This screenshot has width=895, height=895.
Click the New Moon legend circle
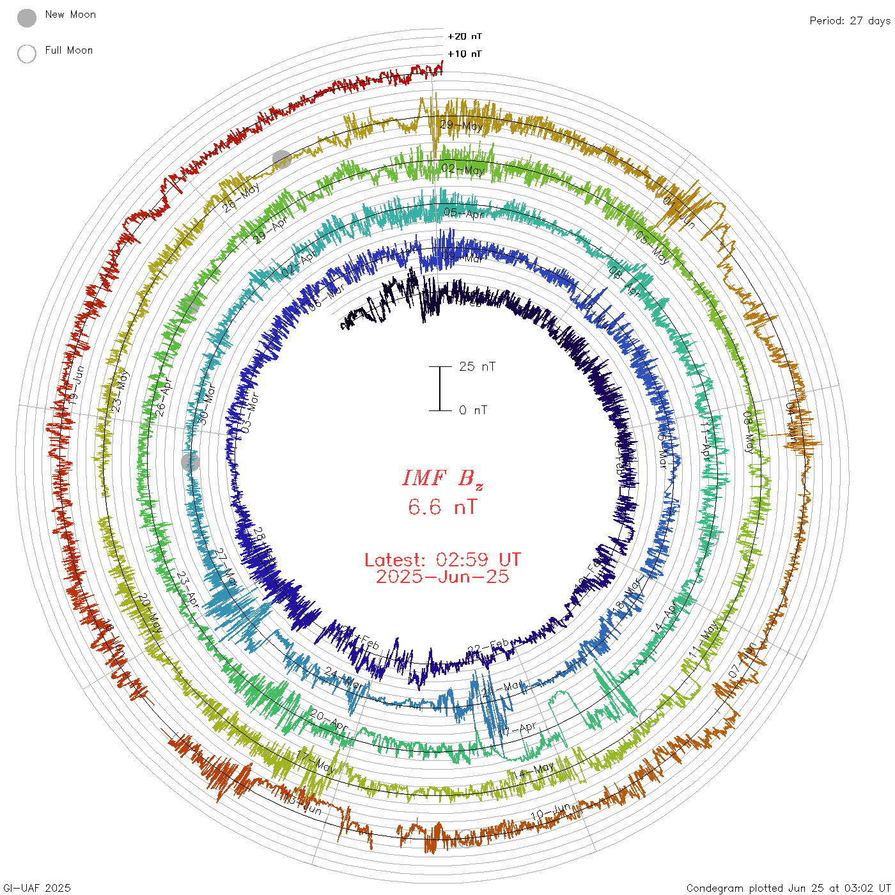click(x=27, y=18)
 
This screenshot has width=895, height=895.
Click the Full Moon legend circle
click(x=27, y=54)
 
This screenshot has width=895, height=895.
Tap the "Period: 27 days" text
click(x=850, y=20)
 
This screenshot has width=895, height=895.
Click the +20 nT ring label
click(x=465, y=36)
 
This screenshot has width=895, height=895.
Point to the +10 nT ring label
click(x=465, y=54)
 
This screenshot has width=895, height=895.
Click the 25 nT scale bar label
click(x=477, y=366)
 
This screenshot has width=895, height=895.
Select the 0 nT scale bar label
click(x=473, y=410)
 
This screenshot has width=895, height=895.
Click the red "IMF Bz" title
click(x=442, y=478)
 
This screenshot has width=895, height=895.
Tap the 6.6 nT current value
click(x=442, y=507)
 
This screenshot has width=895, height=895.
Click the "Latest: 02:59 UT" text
click(x=442, y=559)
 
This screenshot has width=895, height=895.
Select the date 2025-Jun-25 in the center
click(x=442, y=577)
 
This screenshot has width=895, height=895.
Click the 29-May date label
click(x=462, y=125)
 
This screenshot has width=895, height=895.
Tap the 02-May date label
click(x=463, y=169)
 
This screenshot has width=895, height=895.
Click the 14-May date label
click(x=533, y=772)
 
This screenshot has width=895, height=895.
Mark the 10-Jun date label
click(x=551, y=813)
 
